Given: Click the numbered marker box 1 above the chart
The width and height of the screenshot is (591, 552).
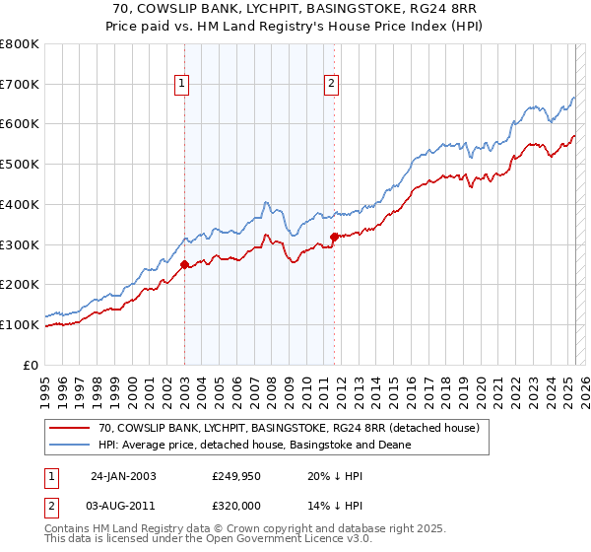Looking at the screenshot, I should (x=184, y=85).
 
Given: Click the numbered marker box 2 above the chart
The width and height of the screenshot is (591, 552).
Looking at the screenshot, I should (x=332, y=85).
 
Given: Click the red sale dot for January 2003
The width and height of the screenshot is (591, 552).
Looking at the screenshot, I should (x=185, y=264).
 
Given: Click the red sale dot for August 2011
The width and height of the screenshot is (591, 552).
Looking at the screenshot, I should (x=335, y=237).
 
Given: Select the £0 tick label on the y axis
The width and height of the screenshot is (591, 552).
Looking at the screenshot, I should (x=31, y=365).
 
